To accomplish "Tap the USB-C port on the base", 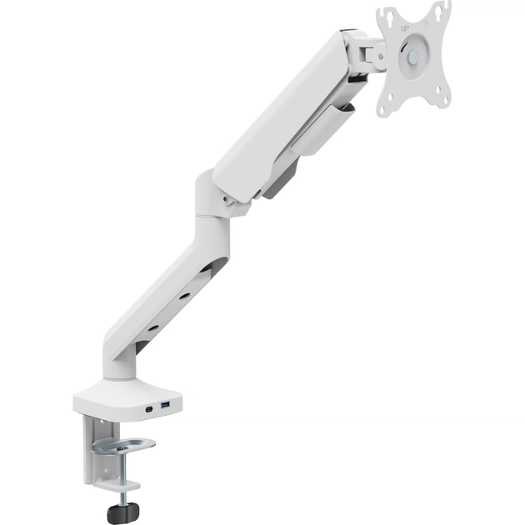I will coord(148,409).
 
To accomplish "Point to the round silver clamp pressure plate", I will coord(123,446).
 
